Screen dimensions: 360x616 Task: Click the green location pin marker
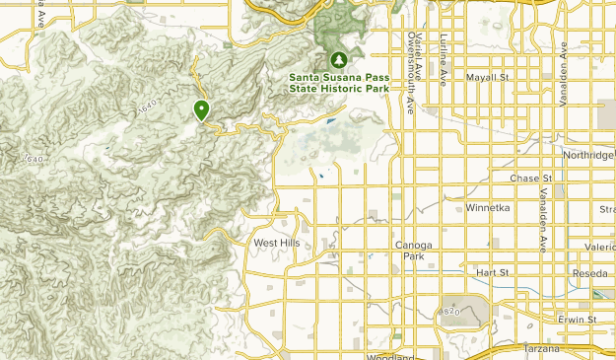point(201,109)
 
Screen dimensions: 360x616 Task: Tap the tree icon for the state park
point(339,58)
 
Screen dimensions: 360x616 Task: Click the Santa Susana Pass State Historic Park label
point(338,82)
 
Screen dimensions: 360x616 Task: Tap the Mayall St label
point(487,76)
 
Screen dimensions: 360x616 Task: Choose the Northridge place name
point(588,155)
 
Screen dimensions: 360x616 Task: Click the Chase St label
point(533,178)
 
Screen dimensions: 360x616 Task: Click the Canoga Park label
point(413,250)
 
